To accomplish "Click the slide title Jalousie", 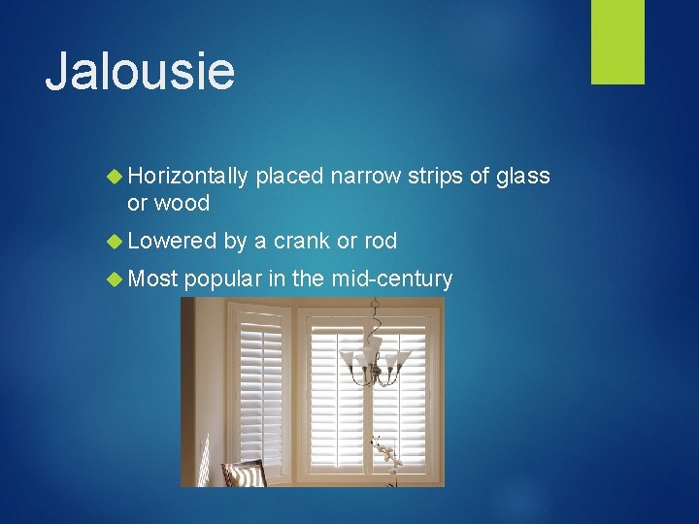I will click(140, 72).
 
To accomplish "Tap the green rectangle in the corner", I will click(617, 42).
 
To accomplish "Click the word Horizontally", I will click(187, 176).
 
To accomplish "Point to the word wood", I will click(182, 203).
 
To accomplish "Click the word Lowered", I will click(172, 241).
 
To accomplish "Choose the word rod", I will click(380, 241).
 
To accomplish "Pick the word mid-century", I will click(391, 279).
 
